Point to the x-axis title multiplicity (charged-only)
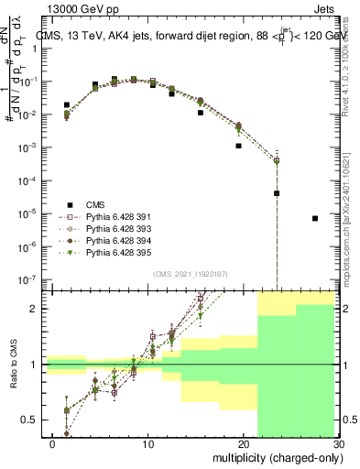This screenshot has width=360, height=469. [276, 456]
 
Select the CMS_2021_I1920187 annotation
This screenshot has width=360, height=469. [190, 273]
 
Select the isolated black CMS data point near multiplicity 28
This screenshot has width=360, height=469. [315, 218]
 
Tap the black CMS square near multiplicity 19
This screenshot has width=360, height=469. [238, 146]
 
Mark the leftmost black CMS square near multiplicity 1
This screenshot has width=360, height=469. [67, 105]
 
